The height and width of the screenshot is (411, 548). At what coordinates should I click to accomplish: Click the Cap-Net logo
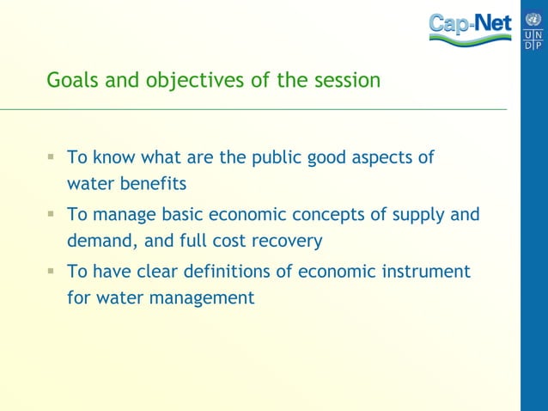(470, 28)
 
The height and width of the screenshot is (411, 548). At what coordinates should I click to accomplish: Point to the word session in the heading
(345, 80)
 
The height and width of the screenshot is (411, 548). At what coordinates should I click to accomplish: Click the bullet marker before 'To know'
(52, 158)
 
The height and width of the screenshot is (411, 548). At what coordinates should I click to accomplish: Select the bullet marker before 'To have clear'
(52, 272)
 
